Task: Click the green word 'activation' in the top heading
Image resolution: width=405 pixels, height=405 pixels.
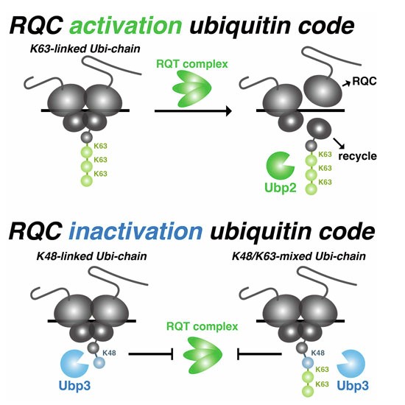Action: tap(126, 25)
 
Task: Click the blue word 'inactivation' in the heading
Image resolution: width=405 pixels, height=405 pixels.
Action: tap(135, 230)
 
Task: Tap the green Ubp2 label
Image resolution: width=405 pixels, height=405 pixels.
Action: tap(281, 188)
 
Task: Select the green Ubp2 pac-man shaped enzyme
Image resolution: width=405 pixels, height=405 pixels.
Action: tap(280, 166)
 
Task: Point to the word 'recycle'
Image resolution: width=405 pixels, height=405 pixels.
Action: tap(357, 156)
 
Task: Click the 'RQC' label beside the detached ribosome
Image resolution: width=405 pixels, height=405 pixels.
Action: tap(364, 81)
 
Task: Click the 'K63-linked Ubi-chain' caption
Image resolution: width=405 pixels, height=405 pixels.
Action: tap(85, 49)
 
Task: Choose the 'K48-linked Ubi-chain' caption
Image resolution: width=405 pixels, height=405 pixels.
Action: tap(92, 256)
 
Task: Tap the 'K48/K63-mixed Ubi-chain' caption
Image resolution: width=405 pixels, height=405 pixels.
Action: tap(299, 256)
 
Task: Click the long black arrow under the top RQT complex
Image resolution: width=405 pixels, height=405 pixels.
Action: tap(193, 110)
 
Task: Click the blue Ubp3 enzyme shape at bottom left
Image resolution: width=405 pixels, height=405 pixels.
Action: tap(74, 364)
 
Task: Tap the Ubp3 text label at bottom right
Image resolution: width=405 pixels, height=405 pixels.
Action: tap(353, 385)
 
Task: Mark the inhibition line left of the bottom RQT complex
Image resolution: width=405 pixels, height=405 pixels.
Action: tap(150, 354)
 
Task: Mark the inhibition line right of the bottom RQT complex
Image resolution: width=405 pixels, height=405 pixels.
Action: tap(259, 354)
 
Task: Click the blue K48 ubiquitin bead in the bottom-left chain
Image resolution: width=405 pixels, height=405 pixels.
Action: tap(99, 363)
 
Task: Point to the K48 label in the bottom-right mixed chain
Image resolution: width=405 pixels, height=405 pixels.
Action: tap(317, 353)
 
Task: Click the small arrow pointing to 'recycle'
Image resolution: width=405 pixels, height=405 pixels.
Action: tap(339, 144)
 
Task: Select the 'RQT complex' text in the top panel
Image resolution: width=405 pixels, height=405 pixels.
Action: tap(192, 64)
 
